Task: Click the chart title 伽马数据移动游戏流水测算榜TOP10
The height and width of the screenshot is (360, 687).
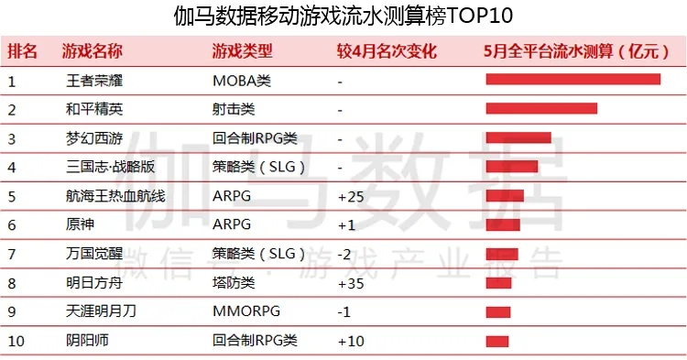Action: (x=343, y=16)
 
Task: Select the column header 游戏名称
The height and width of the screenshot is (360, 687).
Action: (x=92, y=51)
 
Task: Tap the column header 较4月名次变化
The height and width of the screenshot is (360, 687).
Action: (x=387, y=51)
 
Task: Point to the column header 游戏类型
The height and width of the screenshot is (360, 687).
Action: (x=243, y=51)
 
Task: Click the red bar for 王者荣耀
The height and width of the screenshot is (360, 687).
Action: (x=573, y=80)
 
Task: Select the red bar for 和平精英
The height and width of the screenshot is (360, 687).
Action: (x=541, y=108)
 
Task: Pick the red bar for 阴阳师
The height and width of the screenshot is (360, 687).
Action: (x=497, y=341)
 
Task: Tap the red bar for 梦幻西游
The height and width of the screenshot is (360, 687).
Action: (x=518, y=137)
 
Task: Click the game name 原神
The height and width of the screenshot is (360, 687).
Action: (x=81, y=224)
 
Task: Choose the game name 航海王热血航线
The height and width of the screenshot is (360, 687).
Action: (x=115, y=196)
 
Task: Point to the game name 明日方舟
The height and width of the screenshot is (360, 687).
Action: (x=94, y=282)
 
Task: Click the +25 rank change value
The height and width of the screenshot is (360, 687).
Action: (x=351, y=197)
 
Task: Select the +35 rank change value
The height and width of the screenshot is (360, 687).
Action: (x=351, y=283)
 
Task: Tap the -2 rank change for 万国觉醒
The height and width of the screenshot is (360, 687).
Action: (x=344, y=254)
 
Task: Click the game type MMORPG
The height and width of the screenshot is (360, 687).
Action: (x=246, y=311)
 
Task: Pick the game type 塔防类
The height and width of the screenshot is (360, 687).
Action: (x=234, y=282)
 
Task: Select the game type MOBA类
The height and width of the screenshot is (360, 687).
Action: (x=242, y=81)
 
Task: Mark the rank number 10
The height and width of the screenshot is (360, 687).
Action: (x=16, y=341)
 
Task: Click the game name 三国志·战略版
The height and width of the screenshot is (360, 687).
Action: (x=110, y=167)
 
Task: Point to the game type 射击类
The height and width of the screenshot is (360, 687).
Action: (x=234, y=109)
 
